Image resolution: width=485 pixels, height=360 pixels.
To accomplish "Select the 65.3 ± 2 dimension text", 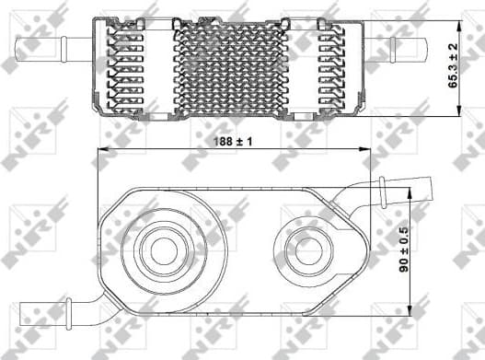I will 452,65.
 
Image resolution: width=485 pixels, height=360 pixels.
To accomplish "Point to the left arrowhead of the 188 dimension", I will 103,152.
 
